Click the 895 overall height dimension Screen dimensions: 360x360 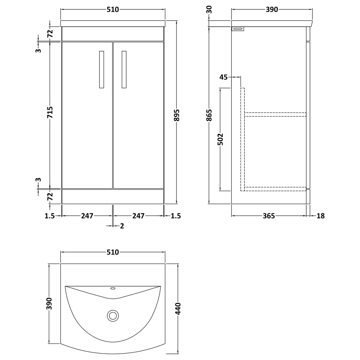pyautogui.click(x=177, y=113)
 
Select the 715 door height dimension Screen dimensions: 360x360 pyautogui.click(x=50, y=112)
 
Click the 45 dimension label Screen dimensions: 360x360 pyautogui.click(x=224, y=77)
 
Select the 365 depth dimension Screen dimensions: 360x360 pyautogui.click(x=269, y=216)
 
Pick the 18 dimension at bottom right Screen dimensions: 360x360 pyautogui.click(x=321, y=216)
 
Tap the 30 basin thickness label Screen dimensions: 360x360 pyautogui.click(x=209, y=10)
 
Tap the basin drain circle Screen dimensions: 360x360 pyautogui.click(x=112, y=316)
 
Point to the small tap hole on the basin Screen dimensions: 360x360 pyautogui.click(x=113, y=289)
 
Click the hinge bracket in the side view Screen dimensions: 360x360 pyautogui.click(x=238, y=29)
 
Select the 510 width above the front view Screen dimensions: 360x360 pyautogui.click(x=113, y=10)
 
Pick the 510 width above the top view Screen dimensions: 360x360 pyautogui.click(x=113, y=252)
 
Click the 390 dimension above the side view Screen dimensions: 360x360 pyautogui.click(x=272, y=10)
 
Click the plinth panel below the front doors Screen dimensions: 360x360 pyautogui.click(x=113, y=196)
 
